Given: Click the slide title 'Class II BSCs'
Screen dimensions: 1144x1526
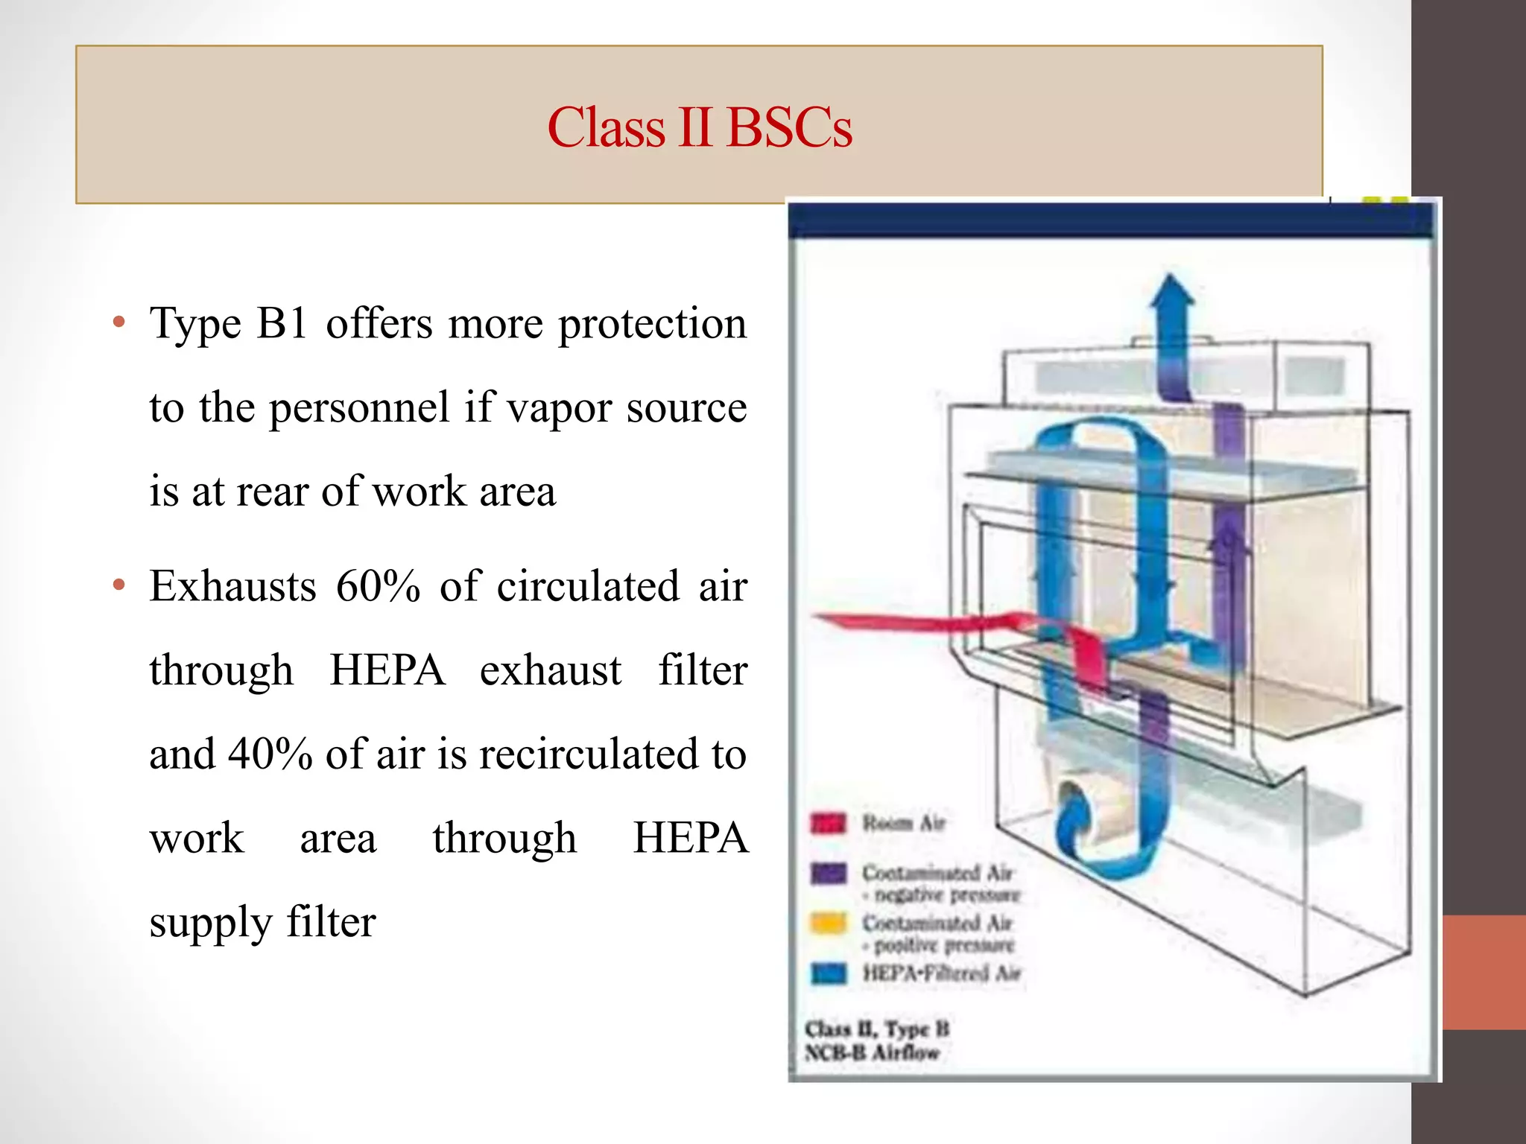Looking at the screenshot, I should pos(699,127).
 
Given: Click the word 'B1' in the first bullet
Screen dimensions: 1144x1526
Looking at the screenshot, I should pos(281,324).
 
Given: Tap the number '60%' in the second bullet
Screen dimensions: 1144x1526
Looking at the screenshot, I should pos(378,586).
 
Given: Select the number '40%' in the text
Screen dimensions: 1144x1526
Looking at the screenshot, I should pos(270,754).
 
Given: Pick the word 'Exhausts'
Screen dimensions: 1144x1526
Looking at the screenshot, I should pos(232,586).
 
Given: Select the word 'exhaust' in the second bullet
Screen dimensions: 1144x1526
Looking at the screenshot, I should pos(550,670).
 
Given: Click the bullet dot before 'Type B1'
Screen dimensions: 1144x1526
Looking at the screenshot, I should pos(118,323).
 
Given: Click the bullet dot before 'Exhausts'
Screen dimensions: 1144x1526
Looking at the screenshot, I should pos(118,585).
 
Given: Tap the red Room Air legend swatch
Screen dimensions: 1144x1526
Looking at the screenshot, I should pos(828,823).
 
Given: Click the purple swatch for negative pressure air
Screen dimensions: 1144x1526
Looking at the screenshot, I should pos(828,872).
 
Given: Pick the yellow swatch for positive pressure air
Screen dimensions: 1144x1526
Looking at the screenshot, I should pos(828,923).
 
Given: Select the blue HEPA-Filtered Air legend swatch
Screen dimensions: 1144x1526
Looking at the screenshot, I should pos(828,973).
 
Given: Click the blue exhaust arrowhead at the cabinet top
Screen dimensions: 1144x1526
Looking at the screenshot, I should pos(1171,292).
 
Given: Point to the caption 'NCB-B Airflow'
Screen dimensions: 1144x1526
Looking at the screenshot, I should pos(872,1052).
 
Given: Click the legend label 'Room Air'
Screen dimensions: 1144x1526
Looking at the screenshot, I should pos(904,823).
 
